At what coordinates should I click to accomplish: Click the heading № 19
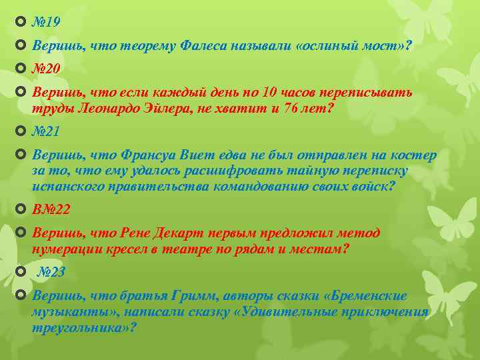(46, 22)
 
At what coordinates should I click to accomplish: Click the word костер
(417, 155)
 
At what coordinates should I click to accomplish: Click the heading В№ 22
(51, 209)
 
